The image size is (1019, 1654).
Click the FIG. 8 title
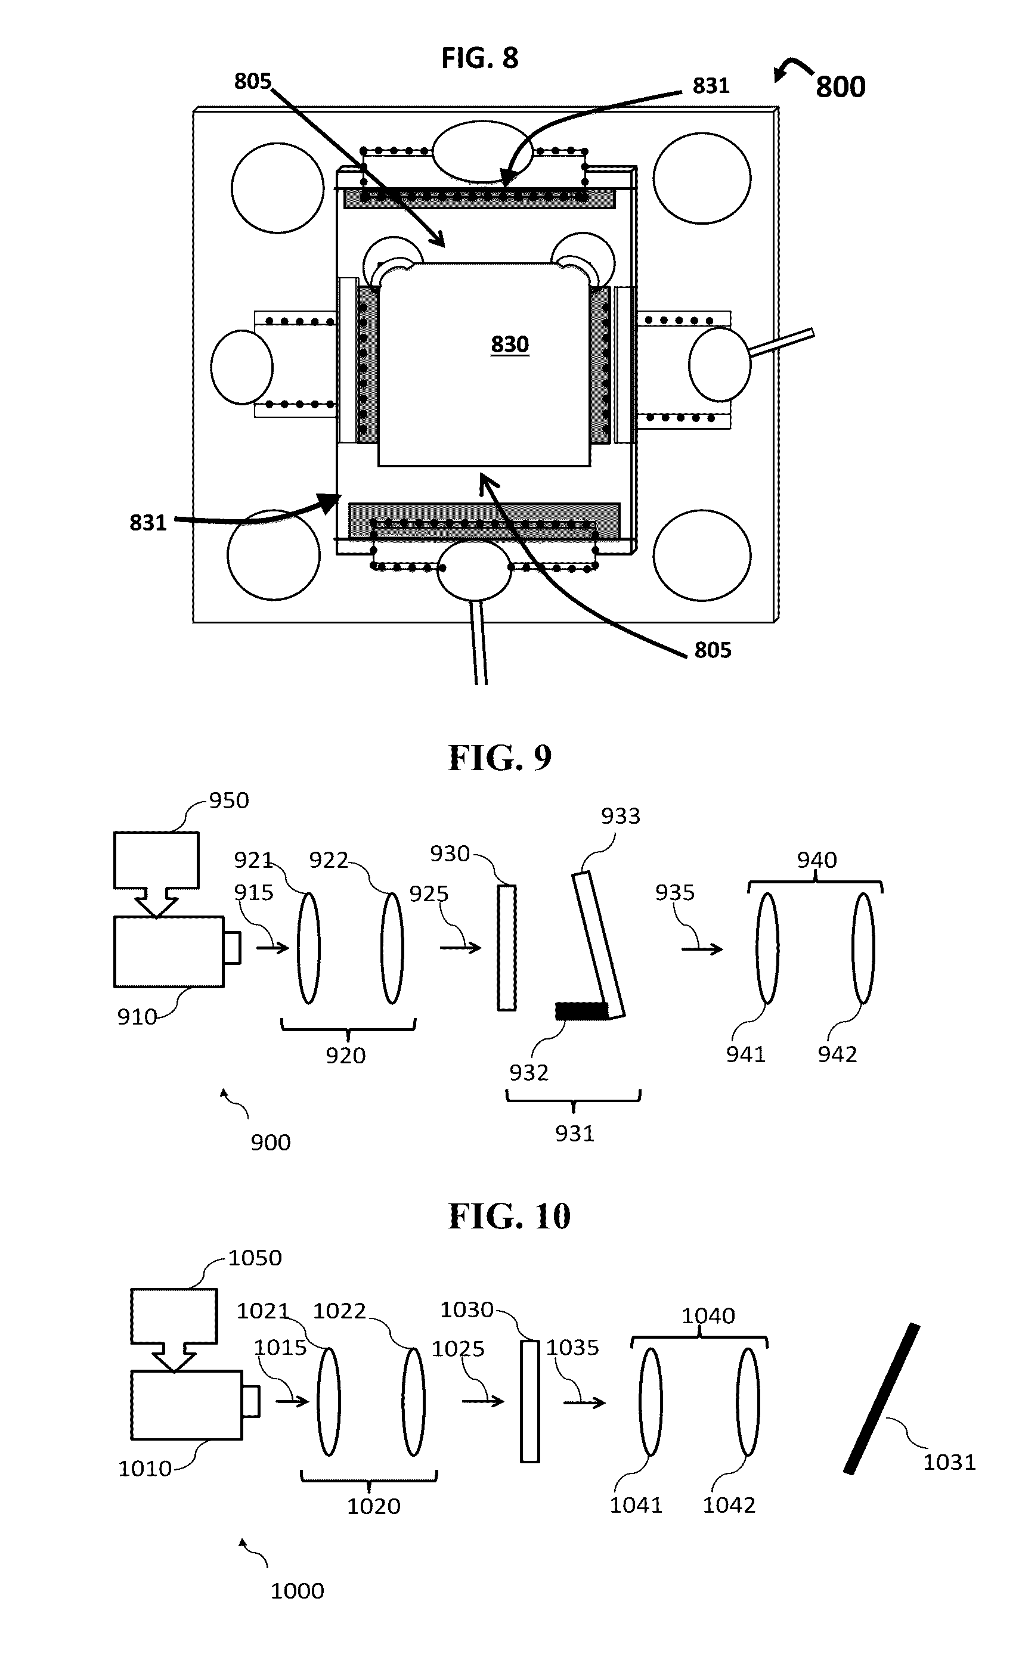(x=480, y=58)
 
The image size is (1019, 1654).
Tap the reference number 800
(x=840, y=87)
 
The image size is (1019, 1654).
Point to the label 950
(x=228, y=800)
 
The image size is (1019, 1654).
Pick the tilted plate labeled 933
(x=599, y=945)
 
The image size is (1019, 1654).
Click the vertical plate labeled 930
(x=507, y=947)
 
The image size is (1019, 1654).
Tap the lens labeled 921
(x=309, y=948)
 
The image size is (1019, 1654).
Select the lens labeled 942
(x=863, y=948)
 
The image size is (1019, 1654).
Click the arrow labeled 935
(x=702, y=949)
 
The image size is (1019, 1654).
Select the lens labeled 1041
(x=651, y=1401)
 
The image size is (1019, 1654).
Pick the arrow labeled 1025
(x=482, y=1401)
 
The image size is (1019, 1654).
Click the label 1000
(x=297, y=1591)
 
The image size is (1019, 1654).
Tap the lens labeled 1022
(x=413, y=1401)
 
